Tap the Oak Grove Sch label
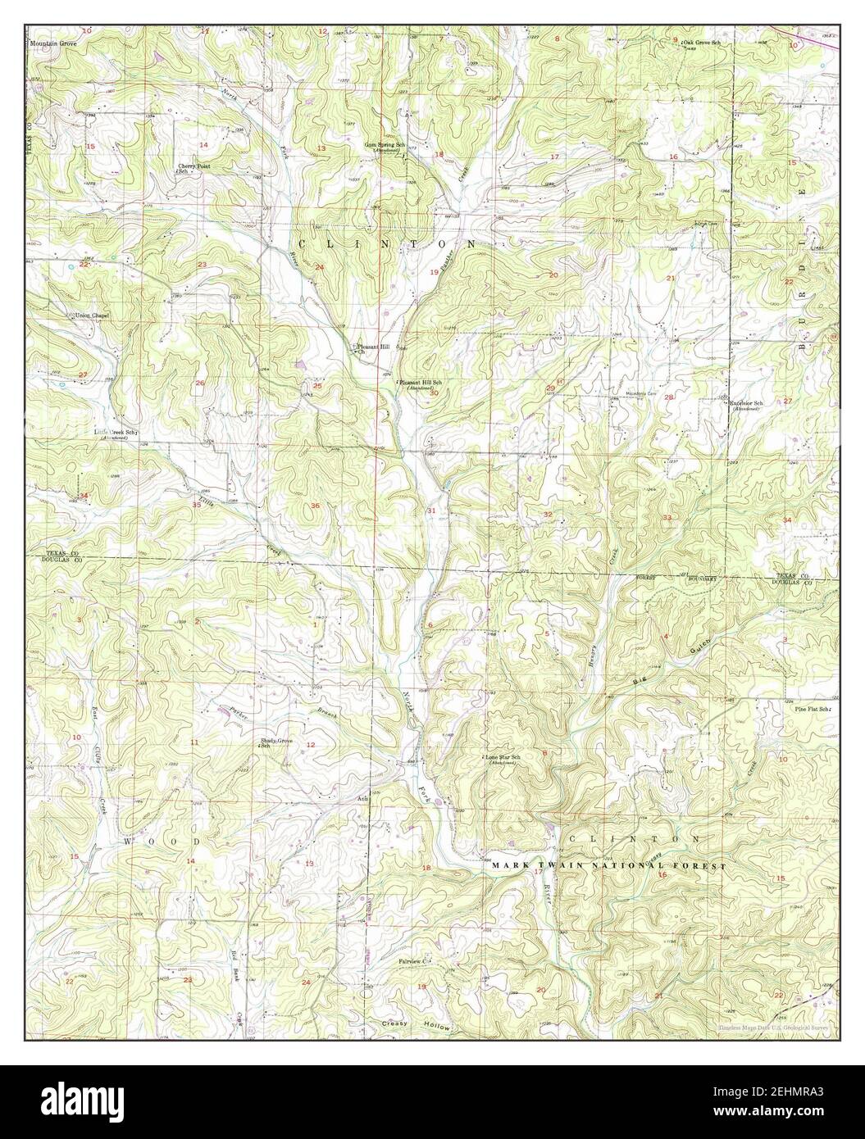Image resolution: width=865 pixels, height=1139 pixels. click(701, 42)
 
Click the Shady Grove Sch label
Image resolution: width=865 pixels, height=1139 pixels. click(276, 743)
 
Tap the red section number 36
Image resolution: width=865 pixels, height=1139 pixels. click(316, 506)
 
